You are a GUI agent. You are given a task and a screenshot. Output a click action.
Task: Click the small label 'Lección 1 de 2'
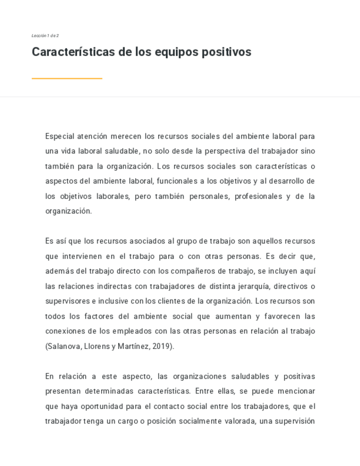[x=45, y=36]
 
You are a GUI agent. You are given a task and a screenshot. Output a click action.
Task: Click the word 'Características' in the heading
[x=73, y=52]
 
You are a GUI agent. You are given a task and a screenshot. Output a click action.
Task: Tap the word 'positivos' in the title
[x=226, y=52]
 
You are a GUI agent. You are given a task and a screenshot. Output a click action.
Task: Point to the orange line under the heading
[x=67, y=79]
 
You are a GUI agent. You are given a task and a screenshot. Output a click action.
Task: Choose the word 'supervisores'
[x=68, y=301]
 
